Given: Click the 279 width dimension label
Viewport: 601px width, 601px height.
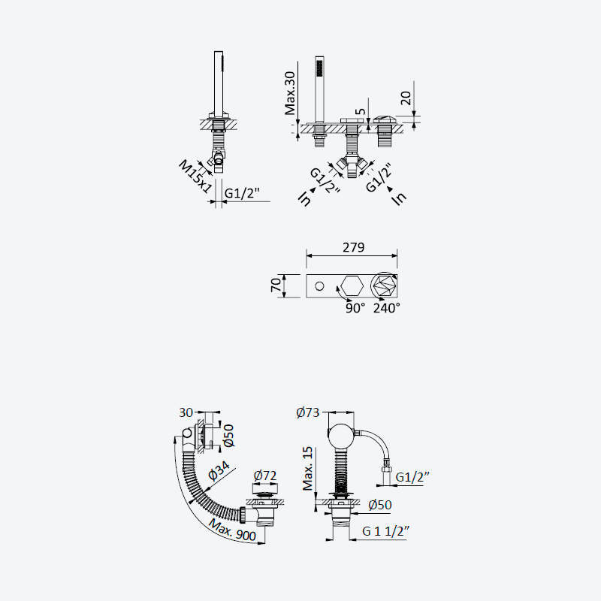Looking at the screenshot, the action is (353, 247).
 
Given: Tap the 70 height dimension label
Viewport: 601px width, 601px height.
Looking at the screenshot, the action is (276, 285).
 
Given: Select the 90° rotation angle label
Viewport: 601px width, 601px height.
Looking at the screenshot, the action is (355, 308).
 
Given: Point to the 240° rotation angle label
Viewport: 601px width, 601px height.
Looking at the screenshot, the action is (387, 308).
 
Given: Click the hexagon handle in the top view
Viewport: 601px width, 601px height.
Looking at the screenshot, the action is (352, 286).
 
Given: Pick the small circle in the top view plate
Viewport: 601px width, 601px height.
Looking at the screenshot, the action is (319, 286).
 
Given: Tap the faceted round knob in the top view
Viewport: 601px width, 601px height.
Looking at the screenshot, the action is (384, 286).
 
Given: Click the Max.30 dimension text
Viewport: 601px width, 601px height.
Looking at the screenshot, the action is (290, 93).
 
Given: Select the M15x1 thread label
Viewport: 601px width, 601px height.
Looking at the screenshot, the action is (195, 177).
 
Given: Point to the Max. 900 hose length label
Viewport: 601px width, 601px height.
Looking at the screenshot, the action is (232, 529).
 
